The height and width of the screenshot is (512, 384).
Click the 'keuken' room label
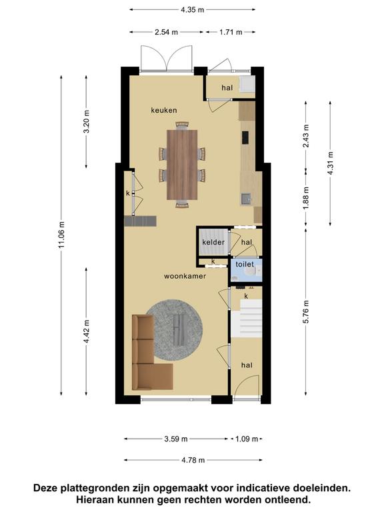coord(164,111)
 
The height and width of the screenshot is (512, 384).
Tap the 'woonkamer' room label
coord(185,276)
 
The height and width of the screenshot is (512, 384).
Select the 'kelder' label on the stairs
coord(213,242)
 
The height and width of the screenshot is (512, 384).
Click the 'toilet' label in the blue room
coord(245,264)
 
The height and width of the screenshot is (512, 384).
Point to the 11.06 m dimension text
coord(62,235)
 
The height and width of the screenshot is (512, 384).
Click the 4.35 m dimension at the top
coord(193,10)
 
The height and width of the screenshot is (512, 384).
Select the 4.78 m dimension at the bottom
coord(193,460)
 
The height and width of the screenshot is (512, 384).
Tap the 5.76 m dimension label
coord(306,312)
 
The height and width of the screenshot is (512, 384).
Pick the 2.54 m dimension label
coord(167,32)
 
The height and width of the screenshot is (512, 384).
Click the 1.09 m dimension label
coord(247,439)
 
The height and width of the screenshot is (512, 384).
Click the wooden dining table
coord(182,165)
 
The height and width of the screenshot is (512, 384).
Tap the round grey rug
coord(175,330)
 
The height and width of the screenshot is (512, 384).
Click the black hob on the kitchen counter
coord(245,137)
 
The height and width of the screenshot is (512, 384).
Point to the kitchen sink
coord(246,199)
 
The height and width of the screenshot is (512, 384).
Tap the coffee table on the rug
coord(179,330)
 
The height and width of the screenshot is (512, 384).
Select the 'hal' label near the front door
coord(247,365)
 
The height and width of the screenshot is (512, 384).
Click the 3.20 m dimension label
coord(87,122)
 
